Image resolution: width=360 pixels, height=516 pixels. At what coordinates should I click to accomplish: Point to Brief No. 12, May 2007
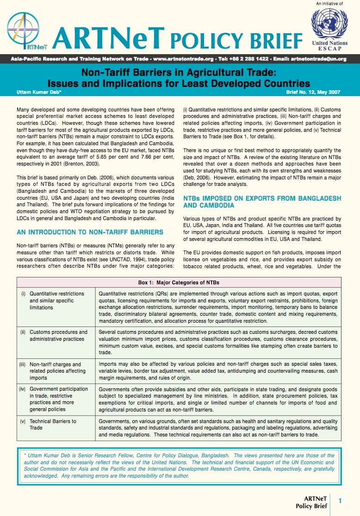tap(313, 92)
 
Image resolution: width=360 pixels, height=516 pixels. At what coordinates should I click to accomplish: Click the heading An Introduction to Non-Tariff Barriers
tap(90, 232)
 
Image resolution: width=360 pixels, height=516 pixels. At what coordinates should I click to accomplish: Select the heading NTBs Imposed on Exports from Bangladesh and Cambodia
tap(262, 202)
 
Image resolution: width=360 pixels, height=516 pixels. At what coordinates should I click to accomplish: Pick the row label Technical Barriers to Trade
tap(52, 424)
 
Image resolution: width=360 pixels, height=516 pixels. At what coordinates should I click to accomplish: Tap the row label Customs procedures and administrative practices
tap(58, 335)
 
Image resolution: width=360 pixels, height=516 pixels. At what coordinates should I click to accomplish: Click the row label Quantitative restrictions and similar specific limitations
tap(56, 301)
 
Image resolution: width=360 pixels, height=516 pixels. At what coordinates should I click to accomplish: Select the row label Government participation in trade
tap(58, 399)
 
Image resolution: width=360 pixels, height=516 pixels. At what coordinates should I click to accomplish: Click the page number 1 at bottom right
tap(340, 501)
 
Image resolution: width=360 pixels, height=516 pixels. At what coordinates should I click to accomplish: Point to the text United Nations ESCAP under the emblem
tap(329, 46)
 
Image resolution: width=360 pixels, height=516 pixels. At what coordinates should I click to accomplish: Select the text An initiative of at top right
tap(329, 4)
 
